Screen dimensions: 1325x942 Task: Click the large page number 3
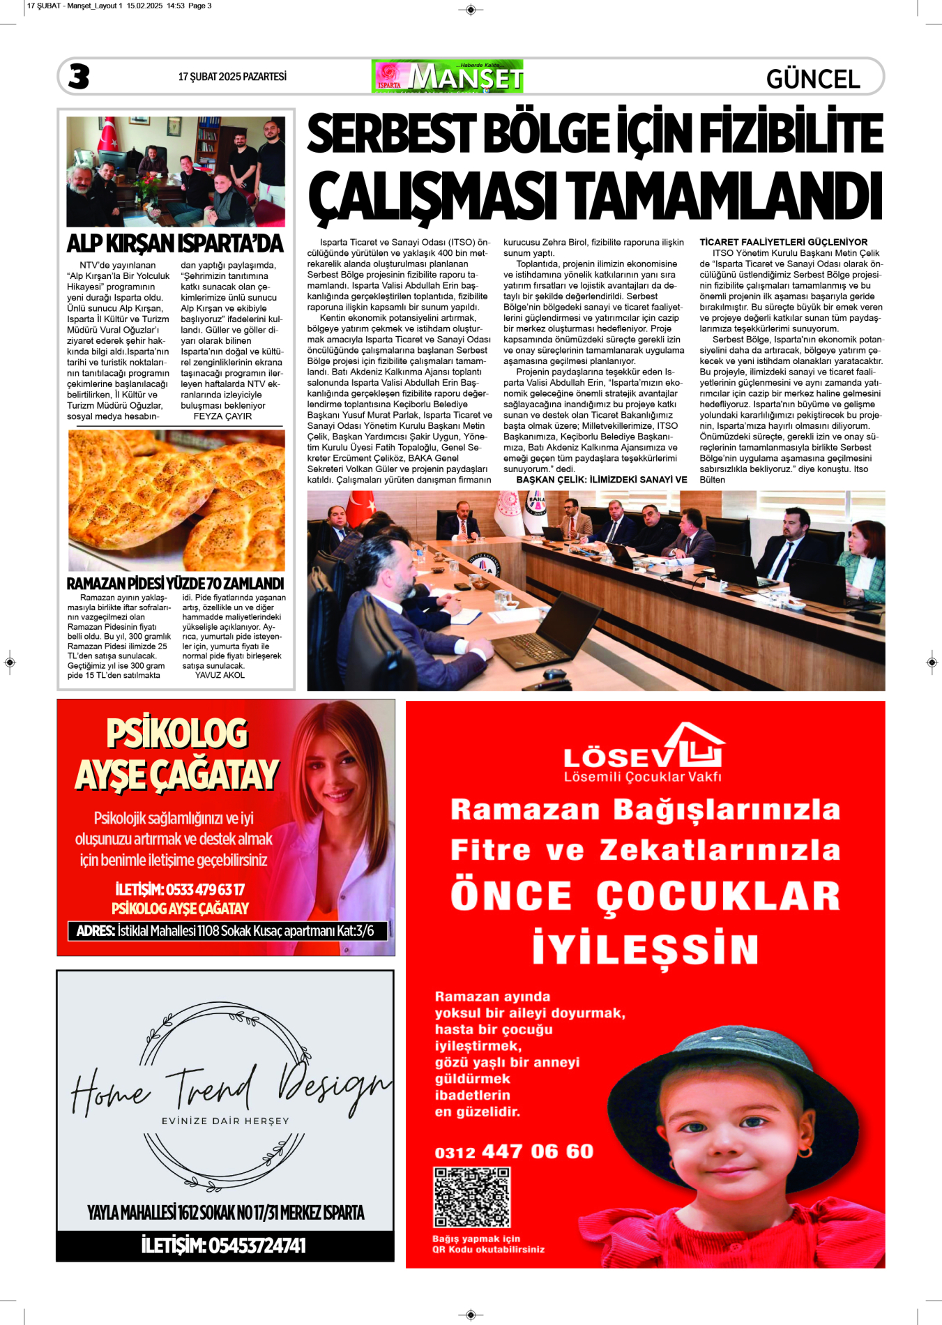point(79,77)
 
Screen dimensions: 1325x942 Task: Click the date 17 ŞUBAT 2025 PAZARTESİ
point(232,77)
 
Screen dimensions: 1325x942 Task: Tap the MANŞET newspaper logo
point(448,77)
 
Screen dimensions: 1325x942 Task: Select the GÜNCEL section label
point(812,79)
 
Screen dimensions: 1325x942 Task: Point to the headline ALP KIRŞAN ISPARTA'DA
point(175,243)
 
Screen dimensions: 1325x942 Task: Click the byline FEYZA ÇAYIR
point(222,416)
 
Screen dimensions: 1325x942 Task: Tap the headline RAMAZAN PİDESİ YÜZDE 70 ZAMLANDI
point(175,583)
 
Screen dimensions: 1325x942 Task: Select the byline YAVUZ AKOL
point(220,675)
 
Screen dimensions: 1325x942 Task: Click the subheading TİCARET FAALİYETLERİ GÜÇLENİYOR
point(783,242)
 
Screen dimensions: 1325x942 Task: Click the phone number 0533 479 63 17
point(205,890)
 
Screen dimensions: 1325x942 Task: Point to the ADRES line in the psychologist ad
point(225,930)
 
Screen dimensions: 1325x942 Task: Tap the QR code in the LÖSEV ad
point(471,1197)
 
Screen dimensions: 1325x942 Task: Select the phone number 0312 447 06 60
point(514,1151)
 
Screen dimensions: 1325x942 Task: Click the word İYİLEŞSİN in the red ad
point(645,948)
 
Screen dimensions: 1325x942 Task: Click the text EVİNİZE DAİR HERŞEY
point(225,1121)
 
